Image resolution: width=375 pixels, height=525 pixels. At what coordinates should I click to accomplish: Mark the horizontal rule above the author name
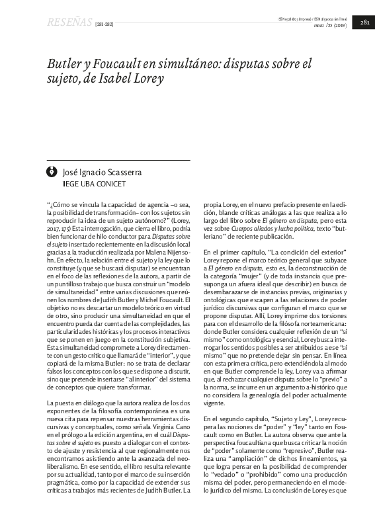point(119,160)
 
